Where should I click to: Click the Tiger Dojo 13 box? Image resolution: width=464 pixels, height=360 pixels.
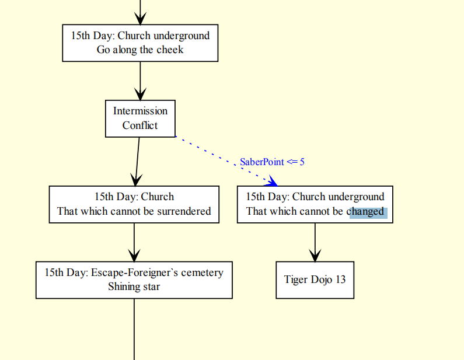point(315,280)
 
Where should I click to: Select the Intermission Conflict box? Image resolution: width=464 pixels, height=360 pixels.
point(140,118)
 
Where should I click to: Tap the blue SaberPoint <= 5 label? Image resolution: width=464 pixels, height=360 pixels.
point(272,162)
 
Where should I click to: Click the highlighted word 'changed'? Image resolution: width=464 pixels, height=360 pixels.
point(368,211)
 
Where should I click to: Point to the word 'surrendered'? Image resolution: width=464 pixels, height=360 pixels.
point(182,211)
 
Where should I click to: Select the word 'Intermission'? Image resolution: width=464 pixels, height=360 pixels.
point(140,111)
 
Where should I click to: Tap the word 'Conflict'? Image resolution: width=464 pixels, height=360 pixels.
point(140,125)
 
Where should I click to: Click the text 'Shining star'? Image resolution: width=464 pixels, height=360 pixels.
point(134,286)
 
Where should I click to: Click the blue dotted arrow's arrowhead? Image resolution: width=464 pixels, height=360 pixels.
point(271,181)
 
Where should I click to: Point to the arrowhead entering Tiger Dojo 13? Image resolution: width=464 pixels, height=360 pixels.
point(315,256)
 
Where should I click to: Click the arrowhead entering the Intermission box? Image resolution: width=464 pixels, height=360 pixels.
point(140,94)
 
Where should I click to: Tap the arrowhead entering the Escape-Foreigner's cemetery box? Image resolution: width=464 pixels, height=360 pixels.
point(134,256)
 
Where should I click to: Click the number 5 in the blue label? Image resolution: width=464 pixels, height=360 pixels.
point(302,162)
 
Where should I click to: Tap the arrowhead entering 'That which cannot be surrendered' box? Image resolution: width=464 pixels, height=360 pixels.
point(135,180)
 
